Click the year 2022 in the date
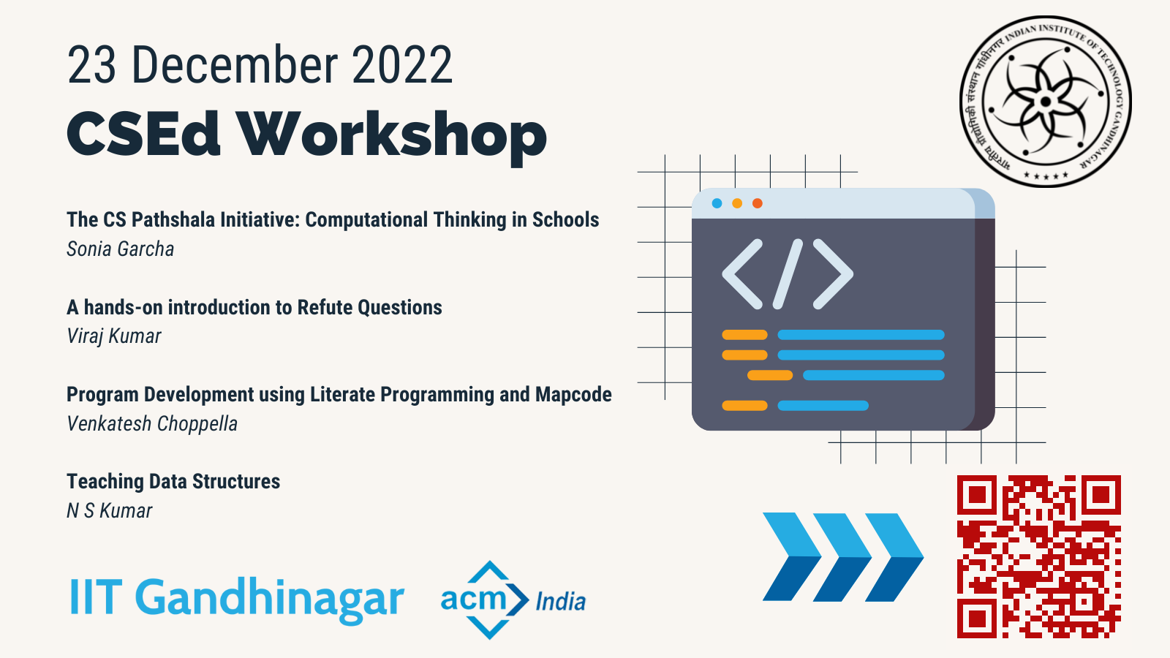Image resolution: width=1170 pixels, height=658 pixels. coord(402,65)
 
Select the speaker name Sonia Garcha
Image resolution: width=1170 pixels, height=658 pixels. coord(120,249)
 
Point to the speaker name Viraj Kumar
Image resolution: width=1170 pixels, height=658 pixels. coord(114,336)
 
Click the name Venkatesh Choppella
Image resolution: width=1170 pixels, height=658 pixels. coord(152,423)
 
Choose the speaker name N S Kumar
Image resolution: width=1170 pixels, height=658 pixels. coord(109,511)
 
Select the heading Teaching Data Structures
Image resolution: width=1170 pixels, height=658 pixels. coord(173,482)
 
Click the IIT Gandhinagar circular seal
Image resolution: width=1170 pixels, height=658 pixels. coord(1045,101)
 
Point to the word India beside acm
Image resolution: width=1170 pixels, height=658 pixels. coord(560,602)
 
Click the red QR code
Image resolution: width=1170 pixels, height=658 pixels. coord(1039,556)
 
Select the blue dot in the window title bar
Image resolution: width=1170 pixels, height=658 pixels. coord(717,203)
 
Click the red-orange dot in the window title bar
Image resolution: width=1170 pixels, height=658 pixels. coord(758,203)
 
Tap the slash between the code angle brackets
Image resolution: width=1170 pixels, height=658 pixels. coord(788,274)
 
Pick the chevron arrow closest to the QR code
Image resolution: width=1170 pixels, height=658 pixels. coord(894,556)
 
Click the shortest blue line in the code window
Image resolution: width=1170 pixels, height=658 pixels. coord(823,406)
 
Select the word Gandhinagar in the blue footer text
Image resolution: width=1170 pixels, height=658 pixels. coord(270,599)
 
